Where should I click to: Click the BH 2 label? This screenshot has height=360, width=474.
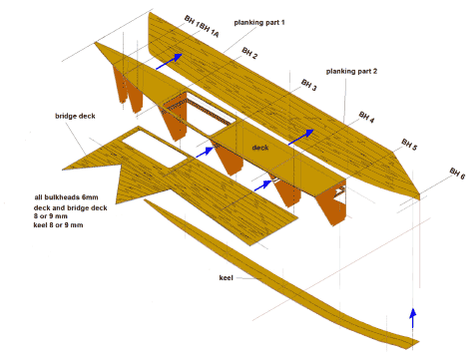249,53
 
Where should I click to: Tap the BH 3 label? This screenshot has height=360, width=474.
309,85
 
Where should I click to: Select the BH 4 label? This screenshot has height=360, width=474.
366,117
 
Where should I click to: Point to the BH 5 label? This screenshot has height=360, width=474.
409,145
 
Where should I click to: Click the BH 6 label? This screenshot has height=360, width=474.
457,174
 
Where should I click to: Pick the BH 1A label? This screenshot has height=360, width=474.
210,31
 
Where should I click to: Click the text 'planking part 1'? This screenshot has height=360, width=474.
259,23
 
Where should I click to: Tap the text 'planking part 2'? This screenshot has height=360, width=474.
351,71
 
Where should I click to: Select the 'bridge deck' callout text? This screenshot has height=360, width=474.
75,116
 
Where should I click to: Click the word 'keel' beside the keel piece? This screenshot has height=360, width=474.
227,277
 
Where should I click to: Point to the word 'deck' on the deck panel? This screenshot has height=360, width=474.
260,148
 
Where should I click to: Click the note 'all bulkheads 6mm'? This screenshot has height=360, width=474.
66,197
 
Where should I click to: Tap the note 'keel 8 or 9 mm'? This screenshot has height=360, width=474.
58,225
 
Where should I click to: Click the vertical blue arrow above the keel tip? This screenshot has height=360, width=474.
413,318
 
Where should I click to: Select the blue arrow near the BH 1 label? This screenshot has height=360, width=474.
169,62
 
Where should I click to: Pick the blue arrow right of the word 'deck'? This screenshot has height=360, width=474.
301,137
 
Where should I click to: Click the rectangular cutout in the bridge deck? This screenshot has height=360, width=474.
155,149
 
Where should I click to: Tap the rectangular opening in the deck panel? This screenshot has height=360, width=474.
211,114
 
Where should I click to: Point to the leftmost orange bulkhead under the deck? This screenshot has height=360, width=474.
120,85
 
